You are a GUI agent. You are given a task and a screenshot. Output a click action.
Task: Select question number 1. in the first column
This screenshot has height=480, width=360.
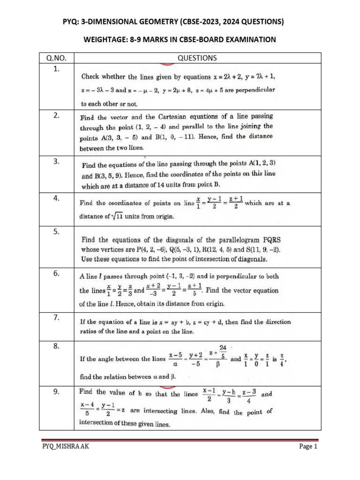56,69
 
